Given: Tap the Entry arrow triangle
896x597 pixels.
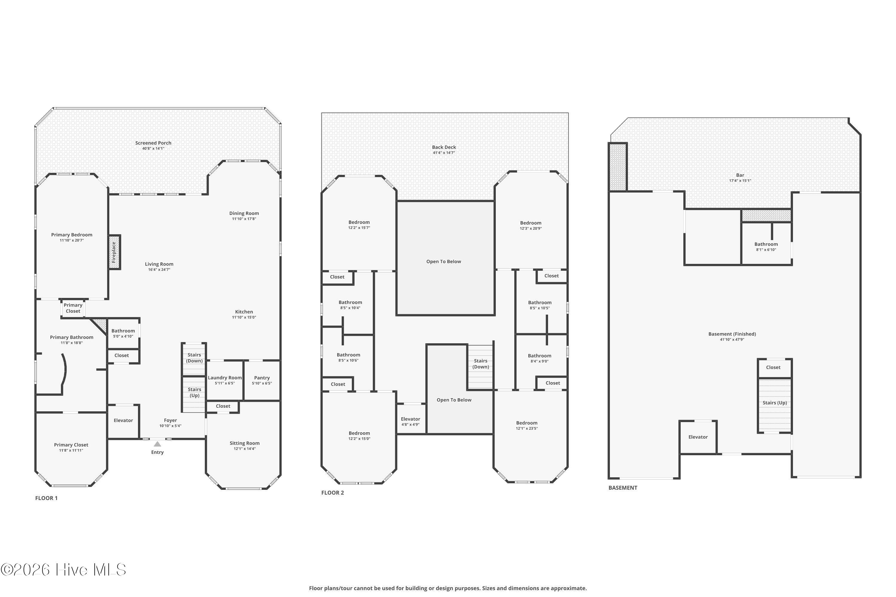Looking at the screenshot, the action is (x=157, y=444).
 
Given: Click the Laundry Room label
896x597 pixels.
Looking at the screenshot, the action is (x=225, y=378).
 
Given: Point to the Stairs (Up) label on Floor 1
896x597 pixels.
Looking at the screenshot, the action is (x=194, y=392).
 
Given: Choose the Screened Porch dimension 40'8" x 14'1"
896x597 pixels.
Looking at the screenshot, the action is (x=153, y=148).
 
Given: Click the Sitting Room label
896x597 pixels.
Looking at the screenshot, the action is (x=245, y=443).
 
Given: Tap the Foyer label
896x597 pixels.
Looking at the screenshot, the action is (x=170, y=420).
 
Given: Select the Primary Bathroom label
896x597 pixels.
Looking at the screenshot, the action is (x=72, y=337).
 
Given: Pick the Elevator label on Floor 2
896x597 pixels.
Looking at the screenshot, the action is (x=410, y=419).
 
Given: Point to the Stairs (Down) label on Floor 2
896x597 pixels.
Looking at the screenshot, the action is (x=481, y=364).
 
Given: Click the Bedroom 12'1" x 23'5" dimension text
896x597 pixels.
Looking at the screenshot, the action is (x=527, y=428).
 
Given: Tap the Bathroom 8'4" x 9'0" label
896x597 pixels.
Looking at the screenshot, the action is (x=539, y=356).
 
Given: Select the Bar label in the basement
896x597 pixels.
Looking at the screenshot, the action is (x=740, y=175).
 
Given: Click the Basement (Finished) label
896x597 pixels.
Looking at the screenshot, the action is (x=732, y=334).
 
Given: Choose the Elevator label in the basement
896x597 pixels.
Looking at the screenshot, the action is (x=698, y=437).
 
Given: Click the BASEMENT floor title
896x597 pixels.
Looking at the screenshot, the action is (x=623, y=488).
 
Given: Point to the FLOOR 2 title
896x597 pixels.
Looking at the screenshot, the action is (x=333, y=493).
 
